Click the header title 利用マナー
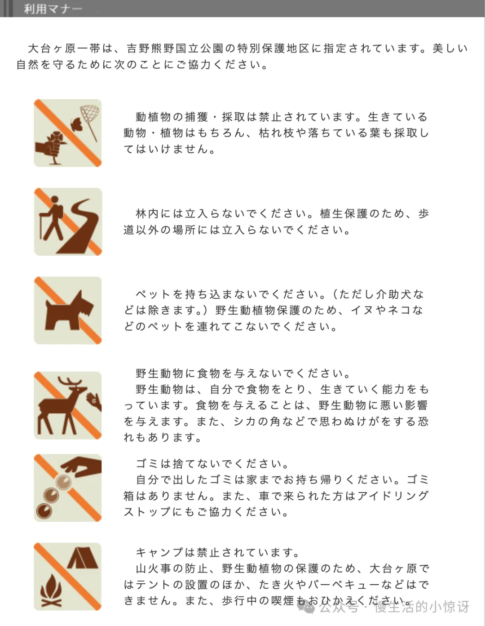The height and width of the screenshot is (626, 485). tap(53, 9)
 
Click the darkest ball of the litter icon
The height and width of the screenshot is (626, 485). tap(44, 511)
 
